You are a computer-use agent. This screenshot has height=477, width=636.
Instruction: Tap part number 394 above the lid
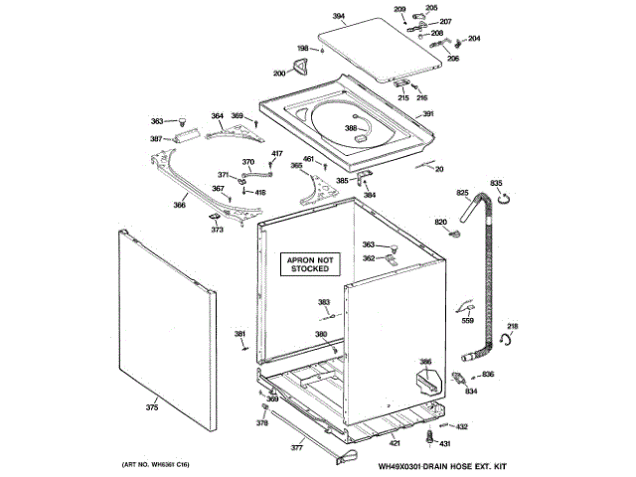(x=338, y=17)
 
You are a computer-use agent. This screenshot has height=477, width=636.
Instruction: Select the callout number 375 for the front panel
(x=152, y=407)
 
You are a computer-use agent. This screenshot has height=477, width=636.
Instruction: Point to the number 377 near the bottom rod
(x=296, y=448)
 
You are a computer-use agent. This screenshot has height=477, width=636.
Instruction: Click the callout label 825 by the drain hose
(x=462, y=192)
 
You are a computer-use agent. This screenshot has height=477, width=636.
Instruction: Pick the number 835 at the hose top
(x=496, y=183)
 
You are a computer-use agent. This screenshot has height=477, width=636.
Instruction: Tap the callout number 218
(x=513, y=327)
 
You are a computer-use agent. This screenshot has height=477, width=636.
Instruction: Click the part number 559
(x=467, y=321)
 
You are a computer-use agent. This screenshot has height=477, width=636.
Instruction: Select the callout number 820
(x=441, y=221)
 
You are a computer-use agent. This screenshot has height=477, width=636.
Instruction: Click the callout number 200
(x=278, y=74)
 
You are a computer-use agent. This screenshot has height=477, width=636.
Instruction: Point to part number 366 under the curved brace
(x=179, y=206)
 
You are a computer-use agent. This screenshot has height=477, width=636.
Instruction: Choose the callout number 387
(x=156, y=138)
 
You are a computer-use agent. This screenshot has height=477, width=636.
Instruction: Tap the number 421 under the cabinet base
(x=395, y=441)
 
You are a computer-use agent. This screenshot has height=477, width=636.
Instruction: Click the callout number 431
(x=445, y=443)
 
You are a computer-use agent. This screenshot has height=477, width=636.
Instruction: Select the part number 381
(x=239, y=333)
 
